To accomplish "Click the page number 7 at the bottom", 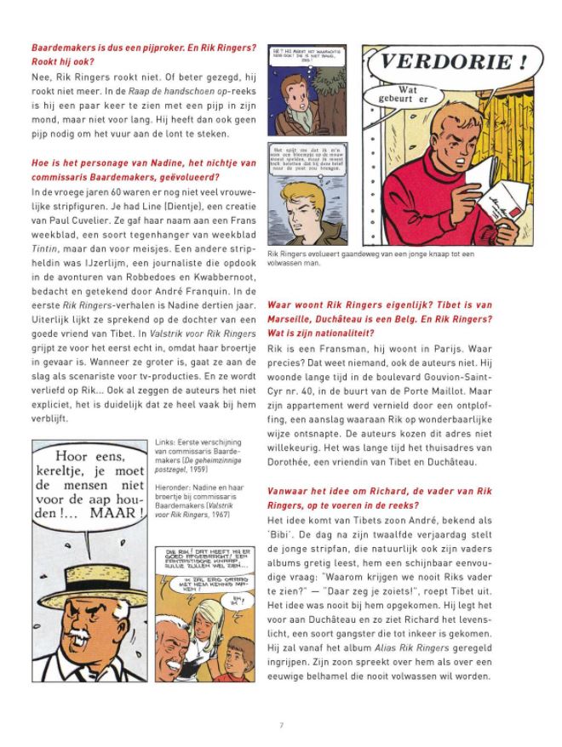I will tap(281, 725).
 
